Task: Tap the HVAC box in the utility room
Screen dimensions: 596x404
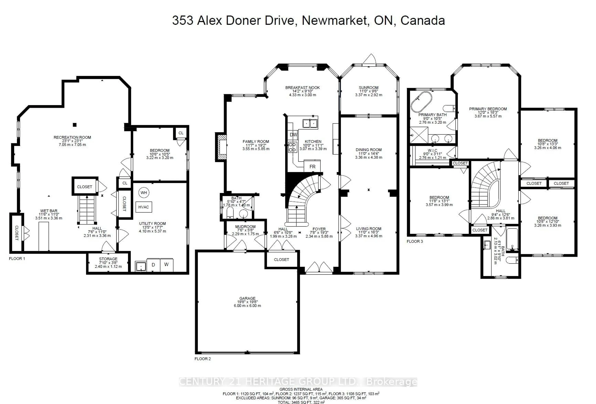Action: click(x=144, y=207)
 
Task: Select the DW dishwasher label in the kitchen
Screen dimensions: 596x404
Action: click(x=293, y=135)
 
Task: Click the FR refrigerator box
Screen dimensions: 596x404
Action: click(x=312, y=166)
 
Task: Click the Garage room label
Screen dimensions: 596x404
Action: click(x=247, y=298)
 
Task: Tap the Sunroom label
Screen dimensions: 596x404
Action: click(x=368, y=88)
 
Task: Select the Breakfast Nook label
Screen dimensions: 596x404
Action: click(x=303, y=88)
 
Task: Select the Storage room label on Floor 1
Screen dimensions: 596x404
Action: click(x=108, y=259)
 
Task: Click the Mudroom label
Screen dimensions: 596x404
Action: click(x=245, y=227)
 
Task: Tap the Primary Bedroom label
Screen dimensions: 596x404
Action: click(x=488, y=109)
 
